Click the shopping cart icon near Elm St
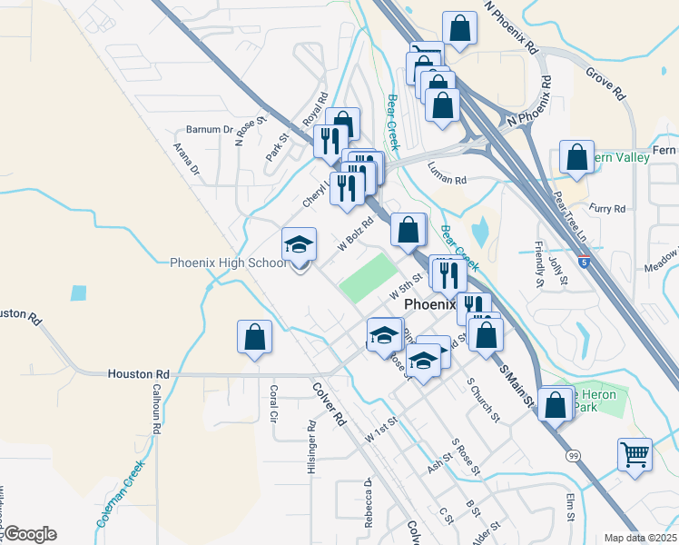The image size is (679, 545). [635, 454]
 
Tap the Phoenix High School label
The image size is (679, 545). [228, 263]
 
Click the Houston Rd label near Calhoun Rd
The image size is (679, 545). [138, 373]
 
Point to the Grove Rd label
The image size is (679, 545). [605, 81]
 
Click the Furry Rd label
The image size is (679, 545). [607, 209]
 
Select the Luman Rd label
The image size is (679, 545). [447, 181]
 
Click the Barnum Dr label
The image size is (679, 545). [209, 129]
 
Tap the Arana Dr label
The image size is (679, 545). [187, 155]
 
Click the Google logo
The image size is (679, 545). [29, 534]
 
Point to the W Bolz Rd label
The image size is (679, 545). [356, 234]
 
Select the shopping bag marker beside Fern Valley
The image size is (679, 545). [576, 158]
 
